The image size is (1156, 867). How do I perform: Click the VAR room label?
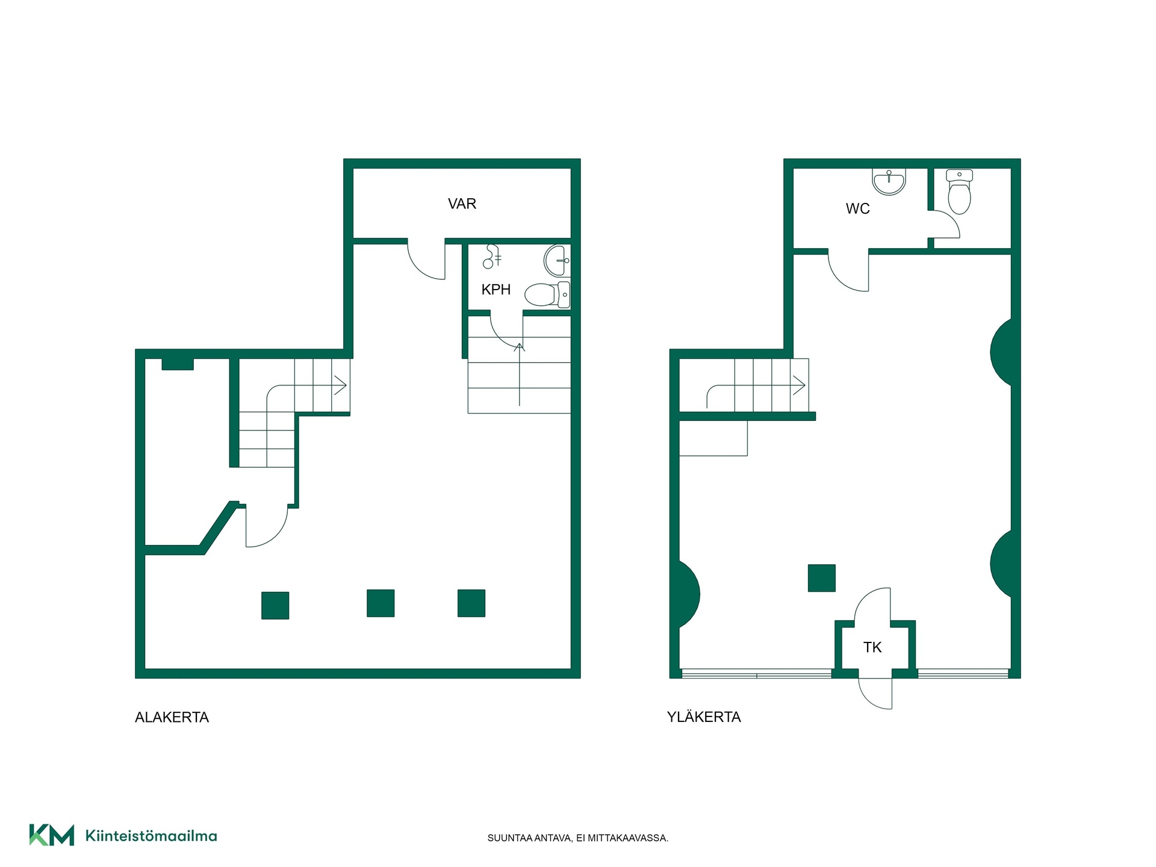point(462,204)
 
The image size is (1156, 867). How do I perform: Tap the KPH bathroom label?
point(496,290)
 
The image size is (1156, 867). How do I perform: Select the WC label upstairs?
point(857,209)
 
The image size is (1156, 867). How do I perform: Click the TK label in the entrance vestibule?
point(872,647)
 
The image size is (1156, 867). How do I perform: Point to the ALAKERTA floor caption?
point(172,717)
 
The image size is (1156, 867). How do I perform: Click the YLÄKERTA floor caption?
point(704,716)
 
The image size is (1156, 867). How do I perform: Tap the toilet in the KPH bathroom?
point(547,294)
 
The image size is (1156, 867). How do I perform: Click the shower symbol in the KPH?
point(492,256)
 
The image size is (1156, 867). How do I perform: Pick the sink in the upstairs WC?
point(889,182)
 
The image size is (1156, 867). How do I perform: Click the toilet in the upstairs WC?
point(959,191)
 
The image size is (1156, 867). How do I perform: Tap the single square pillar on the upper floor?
point(822,578)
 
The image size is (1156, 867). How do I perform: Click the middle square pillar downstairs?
point(381,603)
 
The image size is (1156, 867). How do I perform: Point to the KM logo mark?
point(52,835)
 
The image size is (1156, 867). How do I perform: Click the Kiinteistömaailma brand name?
point(151,836)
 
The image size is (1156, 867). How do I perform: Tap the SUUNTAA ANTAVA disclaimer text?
point(578,838)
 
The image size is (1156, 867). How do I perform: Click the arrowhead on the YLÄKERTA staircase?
point(800,385)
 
